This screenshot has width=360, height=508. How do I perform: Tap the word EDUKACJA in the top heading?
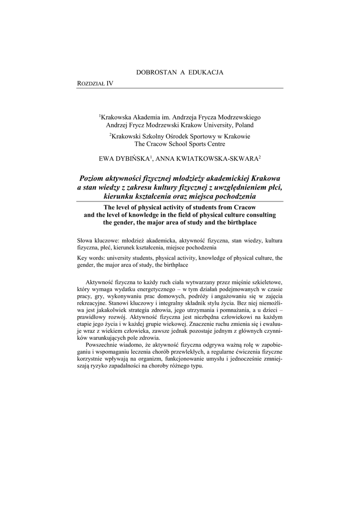[x=206, y=72]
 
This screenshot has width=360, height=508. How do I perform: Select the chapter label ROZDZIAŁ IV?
[x=95, y=83]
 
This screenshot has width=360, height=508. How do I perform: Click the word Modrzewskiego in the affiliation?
[x=237, y=117]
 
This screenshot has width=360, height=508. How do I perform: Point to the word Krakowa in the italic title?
[x=266, y=178]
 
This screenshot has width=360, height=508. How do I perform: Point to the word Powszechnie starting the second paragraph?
[x=104, y=344]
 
